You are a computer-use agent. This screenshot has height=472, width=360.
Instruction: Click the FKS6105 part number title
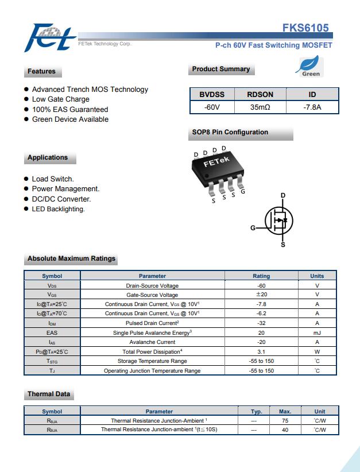pyautogui.click(x=305, y=28)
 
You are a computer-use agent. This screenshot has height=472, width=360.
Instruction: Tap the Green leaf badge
pyautogui.click(x=310, y=67)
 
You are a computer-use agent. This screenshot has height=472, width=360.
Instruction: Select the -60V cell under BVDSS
pyautogui.click(x=212, y=107)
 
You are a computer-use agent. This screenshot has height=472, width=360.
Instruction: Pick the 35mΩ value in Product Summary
pyautogui.click(x=260, y=107)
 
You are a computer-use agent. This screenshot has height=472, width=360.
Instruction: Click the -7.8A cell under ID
pyautogui.click(x=312, y=107)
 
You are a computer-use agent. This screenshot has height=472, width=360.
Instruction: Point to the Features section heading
pyautogui.click(x=41, y=72)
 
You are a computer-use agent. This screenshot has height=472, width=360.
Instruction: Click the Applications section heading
pyautogui.click(x=48, y=158)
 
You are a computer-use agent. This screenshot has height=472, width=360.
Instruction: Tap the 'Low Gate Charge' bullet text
pyautogui.click(x=61, y=99)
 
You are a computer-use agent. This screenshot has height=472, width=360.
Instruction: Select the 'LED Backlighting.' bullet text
pyautogui.click(x=58, y=209)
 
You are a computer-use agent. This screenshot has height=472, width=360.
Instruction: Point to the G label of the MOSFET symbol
pyautogui.click(x=253, y=228)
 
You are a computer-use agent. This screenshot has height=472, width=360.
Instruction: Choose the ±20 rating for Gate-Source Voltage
pyautogui.click(x=261, y=295)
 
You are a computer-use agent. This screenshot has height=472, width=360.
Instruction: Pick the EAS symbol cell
pyautogui.click(x=52, y=332)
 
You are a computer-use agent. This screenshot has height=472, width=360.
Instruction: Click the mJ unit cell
pyautogui.click(x=317, y=332)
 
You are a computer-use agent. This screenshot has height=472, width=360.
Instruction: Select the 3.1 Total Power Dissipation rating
pyautogui.click(x=261, y=351)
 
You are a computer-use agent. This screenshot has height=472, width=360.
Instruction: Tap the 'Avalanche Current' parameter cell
pyautogui.click(x=152, y=342)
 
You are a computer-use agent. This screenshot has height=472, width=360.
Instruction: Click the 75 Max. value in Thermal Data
pyautogui.click(x=285, y=420)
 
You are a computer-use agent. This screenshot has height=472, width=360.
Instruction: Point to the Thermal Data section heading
pyautogui.click(x=49, y=394)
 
